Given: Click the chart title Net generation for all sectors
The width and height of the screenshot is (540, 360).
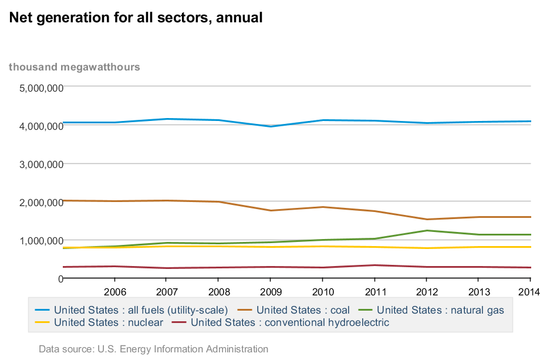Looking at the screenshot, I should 136,18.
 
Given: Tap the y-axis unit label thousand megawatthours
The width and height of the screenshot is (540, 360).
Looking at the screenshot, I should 75,67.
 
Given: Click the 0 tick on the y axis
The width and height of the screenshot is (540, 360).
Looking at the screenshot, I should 60,279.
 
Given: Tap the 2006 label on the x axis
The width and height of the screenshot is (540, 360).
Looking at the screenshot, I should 115,292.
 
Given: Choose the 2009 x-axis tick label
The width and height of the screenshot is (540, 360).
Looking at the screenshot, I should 271,292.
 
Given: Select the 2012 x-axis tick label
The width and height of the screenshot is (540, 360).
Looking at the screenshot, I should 427,292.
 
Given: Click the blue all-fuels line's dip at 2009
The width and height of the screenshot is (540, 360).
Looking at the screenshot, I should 271,126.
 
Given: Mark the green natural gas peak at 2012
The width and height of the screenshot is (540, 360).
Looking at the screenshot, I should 427,230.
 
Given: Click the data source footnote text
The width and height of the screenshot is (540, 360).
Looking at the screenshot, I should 153,349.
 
